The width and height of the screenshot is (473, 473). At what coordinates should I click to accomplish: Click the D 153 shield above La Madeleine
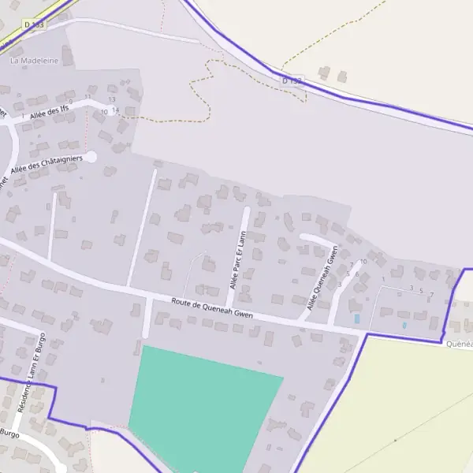point(34,25)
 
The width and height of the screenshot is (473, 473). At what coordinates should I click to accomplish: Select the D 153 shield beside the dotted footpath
point(292,80)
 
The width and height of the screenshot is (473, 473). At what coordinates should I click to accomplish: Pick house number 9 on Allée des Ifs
point(70,102)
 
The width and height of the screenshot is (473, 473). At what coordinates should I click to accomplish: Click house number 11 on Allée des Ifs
point(88,96)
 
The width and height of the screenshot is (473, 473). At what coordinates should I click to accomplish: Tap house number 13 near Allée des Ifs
point(112,99)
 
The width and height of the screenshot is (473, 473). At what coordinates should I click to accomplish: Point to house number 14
point(115,110)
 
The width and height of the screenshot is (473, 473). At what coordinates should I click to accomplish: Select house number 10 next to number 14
point(104,112)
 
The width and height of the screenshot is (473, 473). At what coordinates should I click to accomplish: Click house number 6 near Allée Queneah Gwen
point(356,274)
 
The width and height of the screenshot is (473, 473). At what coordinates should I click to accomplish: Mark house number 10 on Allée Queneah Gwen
point(363,261)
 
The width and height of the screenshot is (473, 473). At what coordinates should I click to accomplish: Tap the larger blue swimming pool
point(356,318)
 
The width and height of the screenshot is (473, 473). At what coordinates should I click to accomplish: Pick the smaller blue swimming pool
point(404,325)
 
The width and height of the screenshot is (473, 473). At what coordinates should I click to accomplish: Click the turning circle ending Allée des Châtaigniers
point(91,157)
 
